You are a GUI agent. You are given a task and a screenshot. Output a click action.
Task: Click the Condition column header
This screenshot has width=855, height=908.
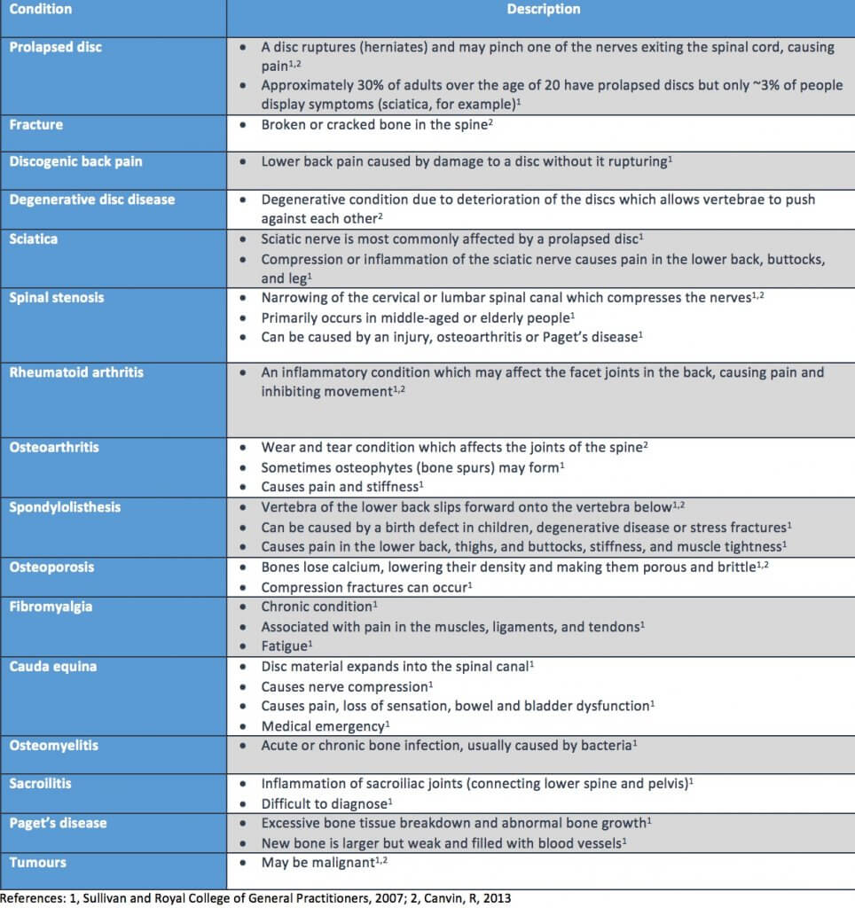tap(41, 10)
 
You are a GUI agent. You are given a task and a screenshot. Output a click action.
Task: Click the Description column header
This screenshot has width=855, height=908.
tap(544, 10)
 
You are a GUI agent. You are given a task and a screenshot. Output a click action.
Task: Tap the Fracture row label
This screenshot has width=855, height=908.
tap(36, 125)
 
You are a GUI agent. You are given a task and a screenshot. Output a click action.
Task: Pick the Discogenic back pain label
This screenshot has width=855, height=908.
tap(75, 162)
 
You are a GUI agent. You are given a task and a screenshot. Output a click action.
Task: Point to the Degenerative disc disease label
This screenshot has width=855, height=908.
tap(92, 200)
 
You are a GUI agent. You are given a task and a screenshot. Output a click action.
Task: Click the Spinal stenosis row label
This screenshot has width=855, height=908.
tap(57, 298)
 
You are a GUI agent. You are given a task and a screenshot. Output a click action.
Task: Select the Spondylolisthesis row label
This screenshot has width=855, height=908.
tap(64, 507)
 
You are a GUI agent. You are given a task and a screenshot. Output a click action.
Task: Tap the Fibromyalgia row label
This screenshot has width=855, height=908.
tap(50, 607)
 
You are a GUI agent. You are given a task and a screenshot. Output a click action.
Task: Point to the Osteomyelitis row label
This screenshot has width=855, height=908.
tap(54, 746)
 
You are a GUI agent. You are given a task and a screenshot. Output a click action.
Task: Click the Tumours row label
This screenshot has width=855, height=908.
tap(38, 863)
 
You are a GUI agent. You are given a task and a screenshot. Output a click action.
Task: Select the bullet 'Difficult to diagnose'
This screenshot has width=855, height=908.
tap(323, 804)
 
